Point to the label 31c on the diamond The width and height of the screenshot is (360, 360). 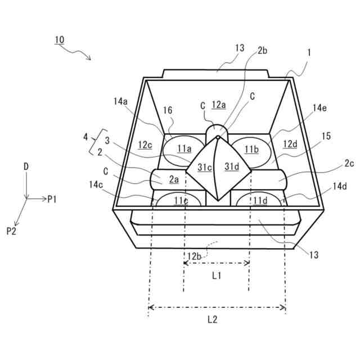coord(204,166)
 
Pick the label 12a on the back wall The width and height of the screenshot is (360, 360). coord(219,104)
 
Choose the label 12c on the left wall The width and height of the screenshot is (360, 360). coord(146,145)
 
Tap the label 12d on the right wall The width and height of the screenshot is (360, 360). coord(290,145)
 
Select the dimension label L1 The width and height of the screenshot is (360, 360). coord(217,276)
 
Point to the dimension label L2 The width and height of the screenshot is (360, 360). coord(213,319)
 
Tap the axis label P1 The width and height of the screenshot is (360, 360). coord(52,199)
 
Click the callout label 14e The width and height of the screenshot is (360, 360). coord(319,107)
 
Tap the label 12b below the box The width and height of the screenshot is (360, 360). coord(194,256)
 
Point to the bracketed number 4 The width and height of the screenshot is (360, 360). coord(85,136)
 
